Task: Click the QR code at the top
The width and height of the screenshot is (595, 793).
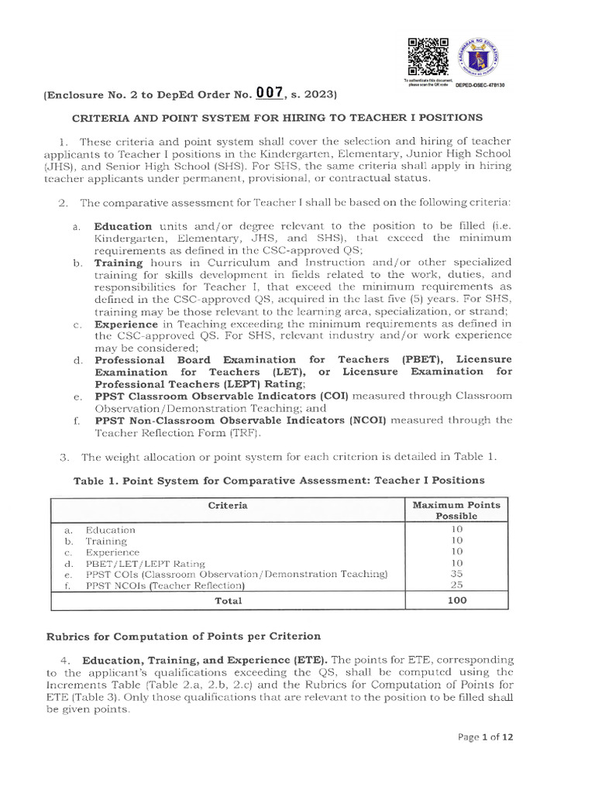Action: (x=428, y=57)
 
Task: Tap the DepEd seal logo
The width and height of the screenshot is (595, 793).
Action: (x=480, y=57)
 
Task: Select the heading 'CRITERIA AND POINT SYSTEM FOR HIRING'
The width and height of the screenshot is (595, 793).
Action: (x=277, y=118)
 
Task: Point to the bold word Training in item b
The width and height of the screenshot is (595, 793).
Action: (x=119, y=263)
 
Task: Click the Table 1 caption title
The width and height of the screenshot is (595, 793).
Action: (x=279, y=480)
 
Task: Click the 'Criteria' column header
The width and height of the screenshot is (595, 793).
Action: (x=228, y=505)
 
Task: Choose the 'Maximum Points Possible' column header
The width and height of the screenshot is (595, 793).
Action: (x=456, y=510)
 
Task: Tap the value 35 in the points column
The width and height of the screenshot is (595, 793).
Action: (x=456, y=574)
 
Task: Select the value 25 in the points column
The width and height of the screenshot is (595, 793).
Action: (x=456, y=585)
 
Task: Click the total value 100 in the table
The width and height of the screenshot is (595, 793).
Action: (x=456, y=600)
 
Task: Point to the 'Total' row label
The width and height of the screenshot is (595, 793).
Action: (x=228, y=600)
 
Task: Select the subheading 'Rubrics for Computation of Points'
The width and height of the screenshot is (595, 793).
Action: (x=181, y=636)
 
